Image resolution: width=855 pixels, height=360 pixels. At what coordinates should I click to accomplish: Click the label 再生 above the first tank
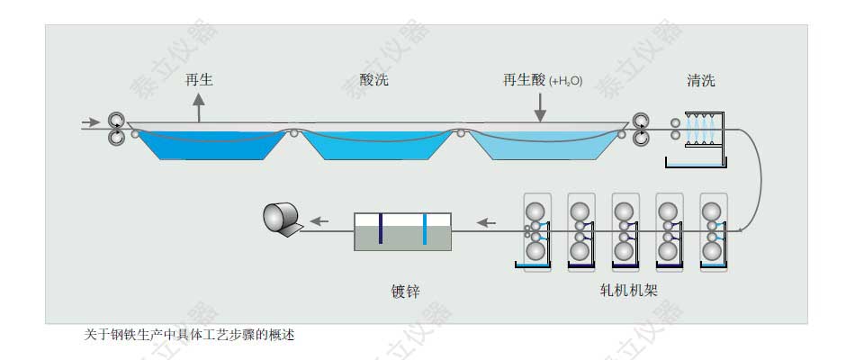coord(199,80)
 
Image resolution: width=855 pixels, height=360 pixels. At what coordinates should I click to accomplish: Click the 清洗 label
coord(700,80)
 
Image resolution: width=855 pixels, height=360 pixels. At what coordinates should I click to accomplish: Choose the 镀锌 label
coord(405,290)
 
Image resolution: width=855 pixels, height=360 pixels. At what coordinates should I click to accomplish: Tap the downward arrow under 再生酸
coord(540,108)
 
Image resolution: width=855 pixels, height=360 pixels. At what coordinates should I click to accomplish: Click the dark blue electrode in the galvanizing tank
coord(381,228)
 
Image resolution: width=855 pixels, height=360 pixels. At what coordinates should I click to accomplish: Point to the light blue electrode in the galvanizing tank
coord(424,229)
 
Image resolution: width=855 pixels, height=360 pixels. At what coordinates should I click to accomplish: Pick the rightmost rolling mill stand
coord(713,232)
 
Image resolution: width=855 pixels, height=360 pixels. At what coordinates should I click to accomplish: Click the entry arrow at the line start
coord(90,122)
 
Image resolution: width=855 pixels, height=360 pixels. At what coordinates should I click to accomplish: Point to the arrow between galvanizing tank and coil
coord(319,221)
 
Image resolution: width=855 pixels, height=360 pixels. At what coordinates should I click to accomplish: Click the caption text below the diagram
coord(189,335)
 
